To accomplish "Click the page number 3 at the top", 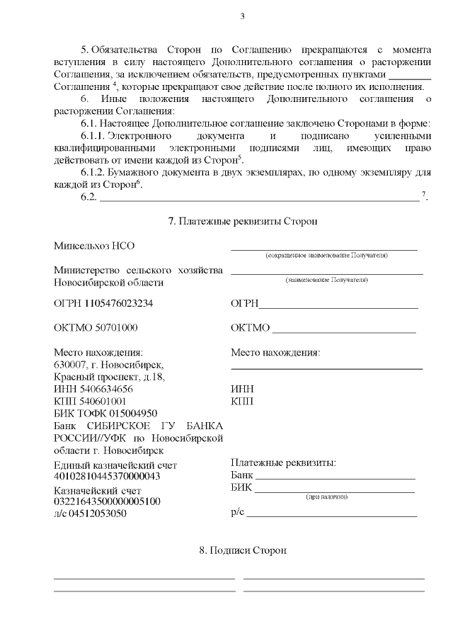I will (x=242, y=17).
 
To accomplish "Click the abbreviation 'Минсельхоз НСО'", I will (x=94, y=246).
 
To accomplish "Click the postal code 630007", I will (x=70, y=364).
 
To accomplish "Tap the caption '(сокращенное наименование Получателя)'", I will (x=326, y=255).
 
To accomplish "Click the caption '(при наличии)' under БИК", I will (x=326, y=497).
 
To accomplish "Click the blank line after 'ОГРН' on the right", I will (x=338, y=308).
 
